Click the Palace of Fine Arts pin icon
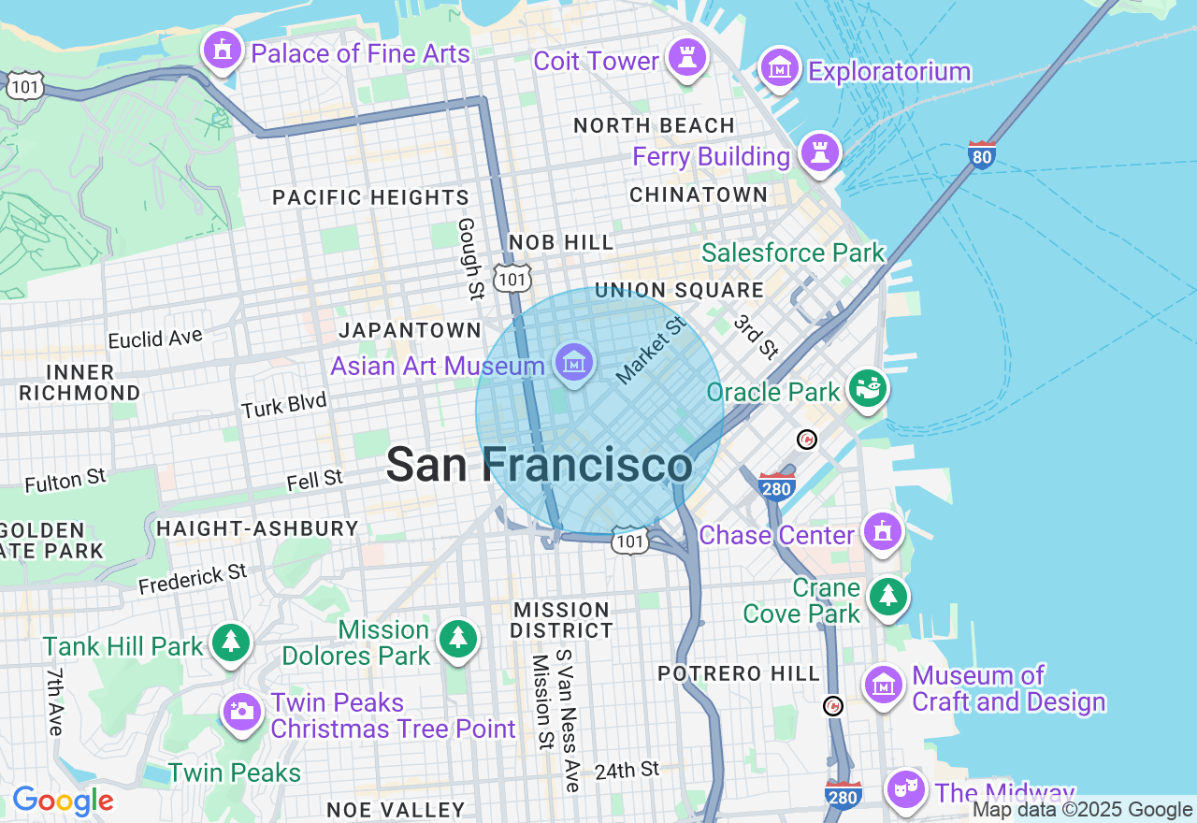pos(223,51)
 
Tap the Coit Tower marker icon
pos(687,58)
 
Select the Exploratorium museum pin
pos(779,68)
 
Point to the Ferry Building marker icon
pos(820,152)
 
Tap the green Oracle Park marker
pos(868,388)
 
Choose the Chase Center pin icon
pos(882,532)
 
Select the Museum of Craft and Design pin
pos(882,686)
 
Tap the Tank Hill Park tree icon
pos(230,643)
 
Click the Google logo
pos(63,801)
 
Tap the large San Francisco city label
pos(540,465)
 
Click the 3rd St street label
pos(757,337)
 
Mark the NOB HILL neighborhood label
pos(561,243)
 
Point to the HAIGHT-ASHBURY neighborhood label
pos(257,528)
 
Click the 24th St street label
pos(627,771)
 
